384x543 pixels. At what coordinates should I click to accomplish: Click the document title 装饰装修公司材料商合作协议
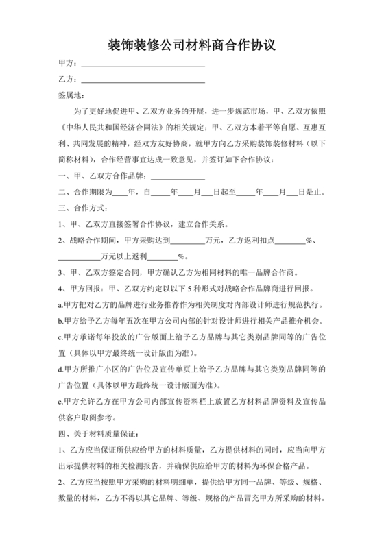pos(191,46)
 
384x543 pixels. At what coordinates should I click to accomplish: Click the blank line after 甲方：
pos(143,64)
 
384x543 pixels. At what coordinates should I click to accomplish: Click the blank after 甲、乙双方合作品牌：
pos(177,176)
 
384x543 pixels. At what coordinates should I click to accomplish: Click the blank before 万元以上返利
pos(77,258)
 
